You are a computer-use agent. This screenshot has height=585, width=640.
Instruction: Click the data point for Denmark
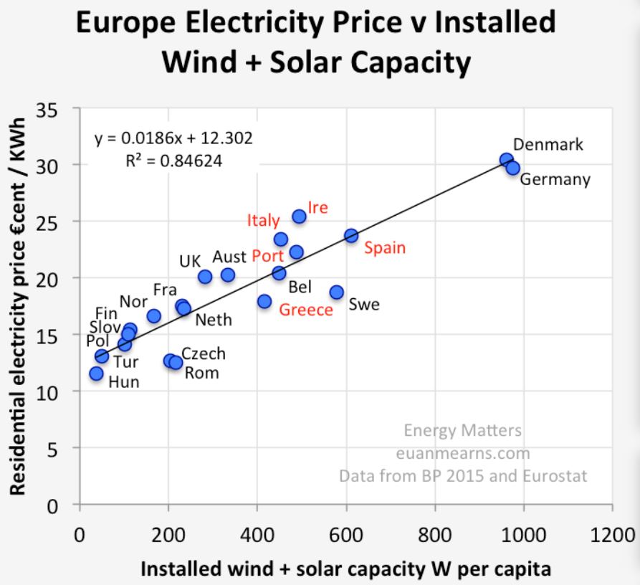coord(507,160)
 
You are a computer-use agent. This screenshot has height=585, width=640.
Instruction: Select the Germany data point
coord(512,168)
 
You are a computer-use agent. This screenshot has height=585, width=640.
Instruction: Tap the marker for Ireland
coord(300,217)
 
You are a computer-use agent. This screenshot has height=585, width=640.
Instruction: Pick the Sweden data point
coord(337,292)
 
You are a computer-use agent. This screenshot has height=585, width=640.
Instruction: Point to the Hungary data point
coord(96,374)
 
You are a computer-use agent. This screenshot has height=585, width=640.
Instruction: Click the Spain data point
coord(351,235)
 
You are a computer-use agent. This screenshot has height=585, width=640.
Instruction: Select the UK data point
coord(205,277)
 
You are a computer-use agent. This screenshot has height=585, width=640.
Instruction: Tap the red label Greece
coord(306,310)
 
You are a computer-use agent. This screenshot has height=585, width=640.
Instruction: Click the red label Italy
coord(263,220)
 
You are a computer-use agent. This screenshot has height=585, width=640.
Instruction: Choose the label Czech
coord(204,353)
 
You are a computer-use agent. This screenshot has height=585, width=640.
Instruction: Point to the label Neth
coord(214,320)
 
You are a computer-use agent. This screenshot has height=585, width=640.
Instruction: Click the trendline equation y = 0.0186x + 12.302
coord(173,138)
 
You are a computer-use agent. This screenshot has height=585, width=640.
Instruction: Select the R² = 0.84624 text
coord(174,161)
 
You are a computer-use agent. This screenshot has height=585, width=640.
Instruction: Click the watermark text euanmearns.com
coord(463,453)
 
